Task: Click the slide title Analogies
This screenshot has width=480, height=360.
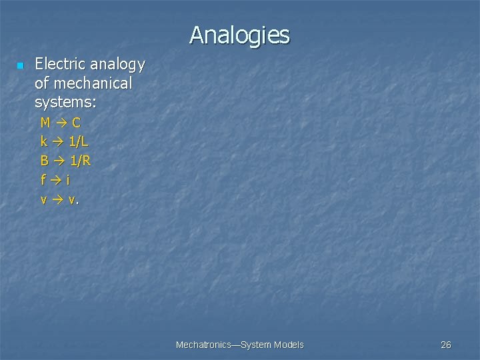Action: tap(239, 35)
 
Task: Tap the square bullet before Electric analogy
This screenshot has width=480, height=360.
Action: tap(20, 66)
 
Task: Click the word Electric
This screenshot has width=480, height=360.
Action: tap(59, 65)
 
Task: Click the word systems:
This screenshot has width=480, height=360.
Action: tap(65, 103)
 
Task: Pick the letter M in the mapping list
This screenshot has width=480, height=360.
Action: tap(45, 123)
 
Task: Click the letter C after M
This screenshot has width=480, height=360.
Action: tap(76, 123)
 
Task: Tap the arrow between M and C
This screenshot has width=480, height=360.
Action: tap(61, 123)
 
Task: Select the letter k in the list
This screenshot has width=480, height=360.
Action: tap(44, 141)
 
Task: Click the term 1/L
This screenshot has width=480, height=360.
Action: tap(79, 141)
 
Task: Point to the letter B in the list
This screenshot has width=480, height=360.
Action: tap(45, 161)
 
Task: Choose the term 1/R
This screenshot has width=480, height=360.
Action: tap(81, 161)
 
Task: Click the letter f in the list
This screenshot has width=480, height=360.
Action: tap(43, 179)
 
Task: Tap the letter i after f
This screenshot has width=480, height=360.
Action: tap(68, 179)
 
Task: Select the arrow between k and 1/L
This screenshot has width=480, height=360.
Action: tap(59, 141)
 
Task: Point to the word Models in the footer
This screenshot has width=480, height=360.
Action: tap(289, 345)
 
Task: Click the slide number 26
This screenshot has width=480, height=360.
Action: tap(446, 345)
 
